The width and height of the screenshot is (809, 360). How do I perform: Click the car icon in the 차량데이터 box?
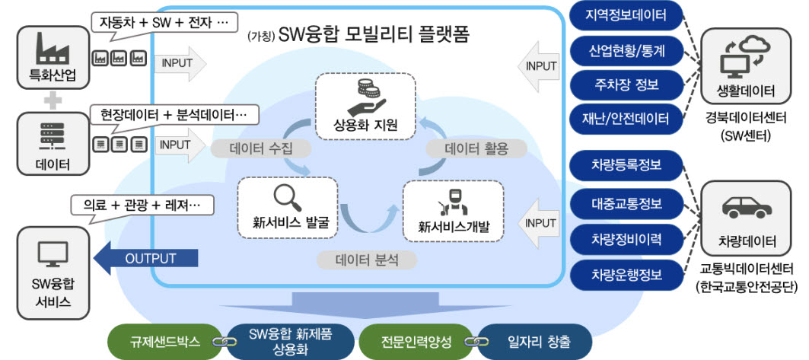coord(746,206)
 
